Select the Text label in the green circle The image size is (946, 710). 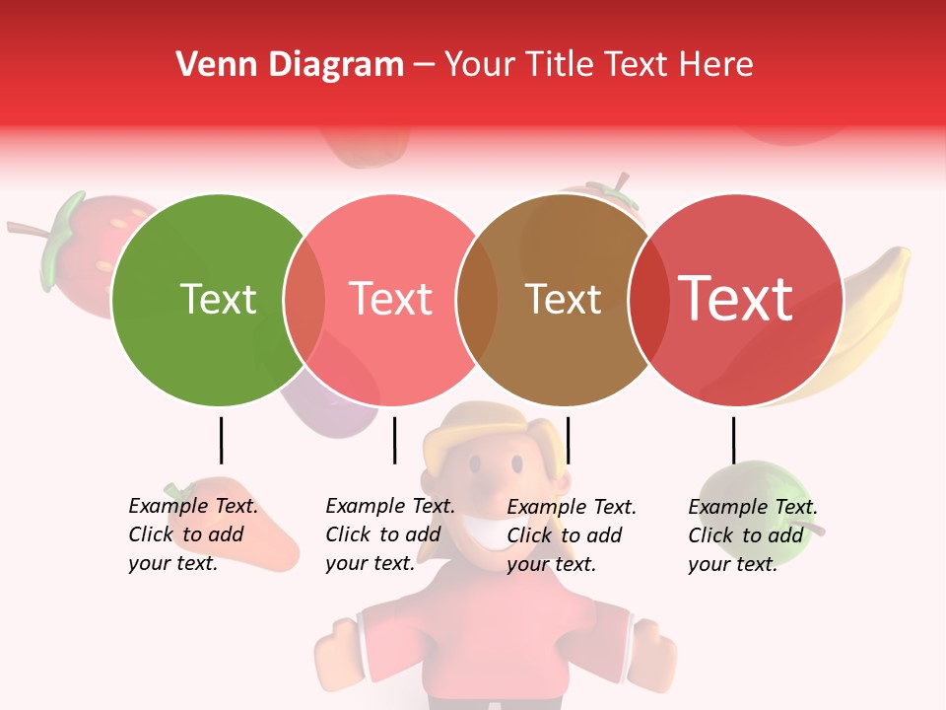218,300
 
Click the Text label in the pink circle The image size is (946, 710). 391,300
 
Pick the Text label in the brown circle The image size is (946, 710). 563,300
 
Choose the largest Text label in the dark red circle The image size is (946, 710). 736,298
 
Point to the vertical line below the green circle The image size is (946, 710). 221,440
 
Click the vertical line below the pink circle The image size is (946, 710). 394,440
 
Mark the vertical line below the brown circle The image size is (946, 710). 569,440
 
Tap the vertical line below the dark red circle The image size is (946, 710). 733,440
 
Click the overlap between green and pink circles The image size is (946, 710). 304,300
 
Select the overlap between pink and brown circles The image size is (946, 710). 477,300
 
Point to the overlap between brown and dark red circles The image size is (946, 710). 648,300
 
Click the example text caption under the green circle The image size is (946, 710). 192,534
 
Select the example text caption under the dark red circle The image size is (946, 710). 752,534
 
